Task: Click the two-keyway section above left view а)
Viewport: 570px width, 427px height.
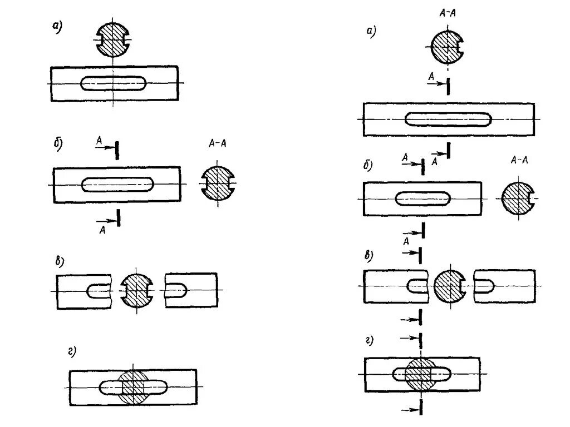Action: click(114, 40)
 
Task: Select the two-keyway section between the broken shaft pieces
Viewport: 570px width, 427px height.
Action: click(136, 291)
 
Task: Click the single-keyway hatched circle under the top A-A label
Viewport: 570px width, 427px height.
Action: click(448, 46)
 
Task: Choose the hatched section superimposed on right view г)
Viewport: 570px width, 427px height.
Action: click(421, 375)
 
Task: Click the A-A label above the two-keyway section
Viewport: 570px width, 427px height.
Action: click(217, 143)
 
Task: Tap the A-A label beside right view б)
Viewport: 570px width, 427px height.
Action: click(519, 160)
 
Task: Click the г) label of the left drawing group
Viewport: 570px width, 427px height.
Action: click(71, 350)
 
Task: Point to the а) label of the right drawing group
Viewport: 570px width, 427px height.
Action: click(371, 32)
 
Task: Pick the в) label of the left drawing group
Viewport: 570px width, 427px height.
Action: click(60, 261)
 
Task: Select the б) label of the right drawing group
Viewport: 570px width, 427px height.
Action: click(367, 165)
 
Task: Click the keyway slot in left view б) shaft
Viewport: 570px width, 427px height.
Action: click(118, 185)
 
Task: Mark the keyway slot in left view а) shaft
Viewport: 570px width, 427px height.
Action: click(115, 83)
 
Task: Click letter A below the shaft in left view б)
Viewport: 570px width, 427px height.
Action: click(102, 229)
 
